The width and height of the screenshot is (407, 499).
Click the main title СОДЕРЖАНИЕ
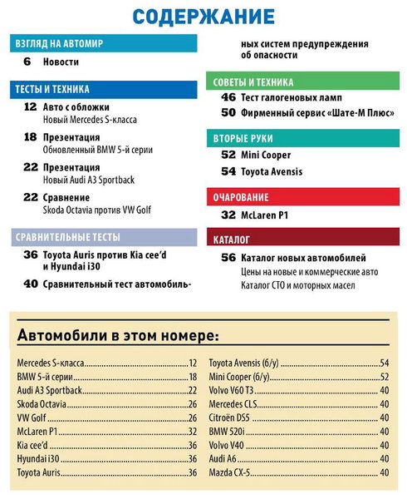(x=203, y=16)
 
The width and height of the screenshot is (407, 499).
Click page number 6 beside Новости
(x=27, y=62)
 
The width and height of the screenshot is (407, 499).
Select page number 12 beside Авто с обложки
(x=30, y=107)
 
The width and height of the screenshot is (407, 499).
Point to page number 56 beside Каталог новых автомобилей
(x=228, y=258)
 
